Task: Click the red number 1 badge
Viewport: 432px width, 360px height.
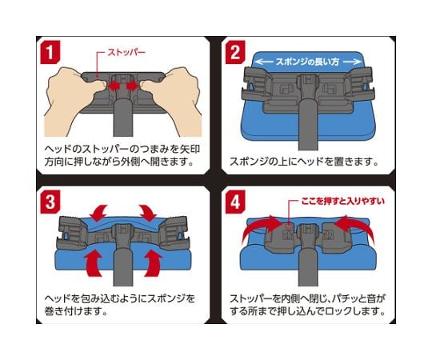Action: (50, 52)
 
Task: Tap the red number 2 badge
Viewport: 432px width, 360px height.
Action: (235, 52)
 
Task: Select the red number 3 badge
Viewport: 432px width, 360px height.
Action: (50, 202)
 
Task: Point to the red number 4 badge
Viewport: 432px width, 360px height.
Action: (235, 202)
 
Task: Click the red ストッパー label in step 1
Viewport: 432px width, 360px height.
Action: (126, 52)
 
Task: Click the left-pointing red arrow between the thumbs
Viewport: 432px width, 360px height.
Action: (113, 86)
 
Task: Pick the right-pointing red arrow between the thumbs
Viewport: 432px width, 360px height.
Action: (133, 86)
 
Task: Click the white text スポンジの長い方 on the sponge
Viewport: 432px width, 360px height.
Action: (307, 62)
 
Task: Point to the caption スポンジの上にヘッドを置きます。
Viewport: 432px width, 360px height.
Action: (304, 162)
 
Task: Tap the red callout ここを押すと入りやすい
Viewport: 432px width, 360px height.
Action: (342, 201)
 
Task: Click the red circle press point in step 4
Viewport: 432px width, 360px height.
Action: (289, 226)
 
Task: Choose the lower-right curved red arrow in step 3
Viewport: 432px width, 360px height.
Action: (153, 263)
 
